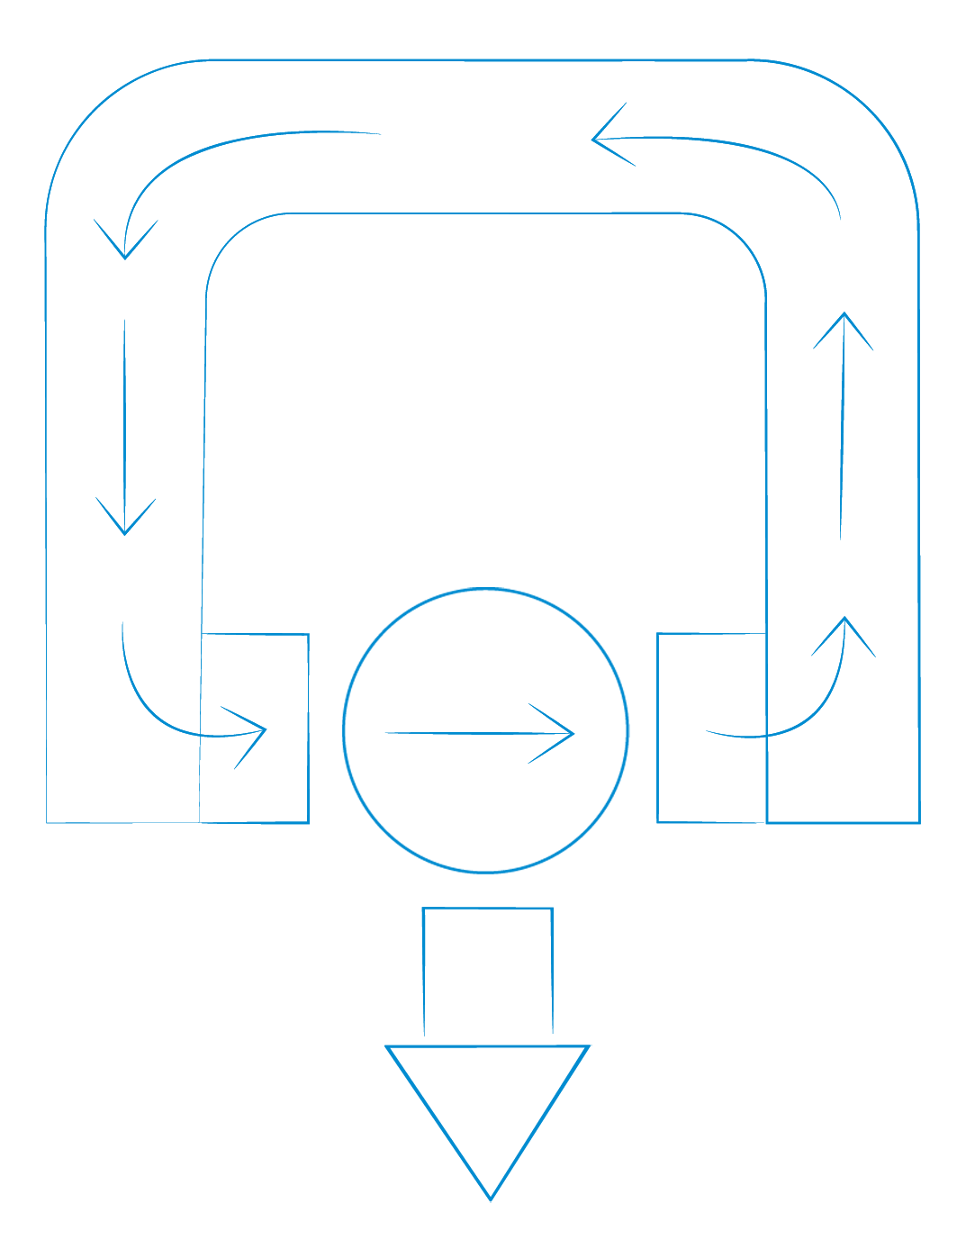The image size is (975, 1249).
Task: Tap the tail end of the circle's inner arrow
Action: point(387,733)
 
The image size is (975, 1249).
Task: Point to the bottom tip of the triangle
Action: point(490,1199)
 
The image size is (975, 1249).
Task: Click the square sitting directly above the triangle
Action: point(487,973)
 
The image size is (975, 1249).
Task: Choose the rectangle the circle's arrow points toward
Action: point(711,728)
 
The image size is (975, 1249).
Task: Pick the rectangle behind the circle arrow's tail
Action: point(255,728)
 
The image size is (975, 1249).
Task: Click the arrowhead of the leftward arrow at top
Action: point(595,140)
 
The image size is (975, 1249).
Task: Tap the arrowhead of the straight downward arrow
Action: point(124,532)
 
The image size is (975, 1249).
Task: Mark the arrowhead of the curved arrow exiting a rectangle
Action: point(844,620)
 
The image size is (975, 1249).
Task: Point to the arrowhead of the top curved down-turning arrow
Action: point(125,257)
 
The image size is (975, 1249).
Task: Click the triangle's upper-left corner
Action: point(388,1046)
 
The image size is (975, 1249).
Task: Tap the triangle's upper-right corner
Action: point(588,1046)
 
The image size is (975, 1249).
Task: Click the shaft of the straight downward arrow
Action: point(124,423)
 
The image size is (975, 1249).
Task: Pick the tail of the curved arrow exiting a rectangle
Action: point(709,731)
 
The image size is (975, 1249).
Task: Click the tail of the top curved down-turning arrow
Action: point(380,134)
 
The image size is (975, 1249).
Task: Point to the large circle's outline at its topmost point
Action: point(486,590)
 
